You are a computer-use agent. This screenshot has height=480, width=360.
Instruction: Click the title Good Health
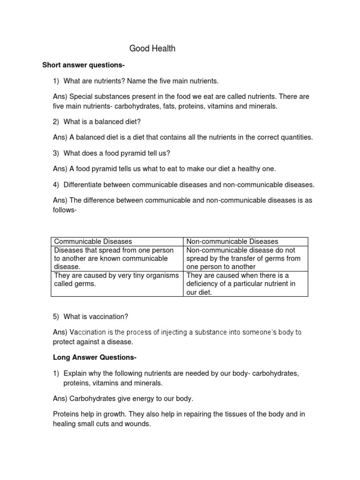point(152,48)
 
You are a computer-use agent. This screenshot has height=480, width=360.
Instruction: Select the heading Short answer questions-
point(83,65)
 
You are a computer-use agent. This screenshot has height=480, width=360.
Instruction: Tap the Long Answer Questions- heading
point(94,358)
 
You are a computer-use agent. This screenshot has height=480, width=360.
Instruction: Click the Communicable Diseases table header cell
point(93,241)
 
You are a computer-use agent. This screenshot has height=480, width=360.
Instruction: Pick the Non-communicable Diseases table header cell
point(232,241)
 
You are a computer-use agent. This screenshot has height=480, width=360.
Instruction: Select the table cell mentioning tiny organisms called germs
point(116,280)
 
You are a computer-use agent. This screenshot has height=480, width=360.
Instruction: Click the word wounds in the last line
point(140,424)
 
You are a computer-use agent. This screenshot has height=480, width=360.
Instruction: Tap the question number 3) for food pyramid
point(56,153)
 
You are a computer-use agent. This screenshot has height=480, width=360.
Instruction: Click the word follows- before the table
point(65,210)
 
